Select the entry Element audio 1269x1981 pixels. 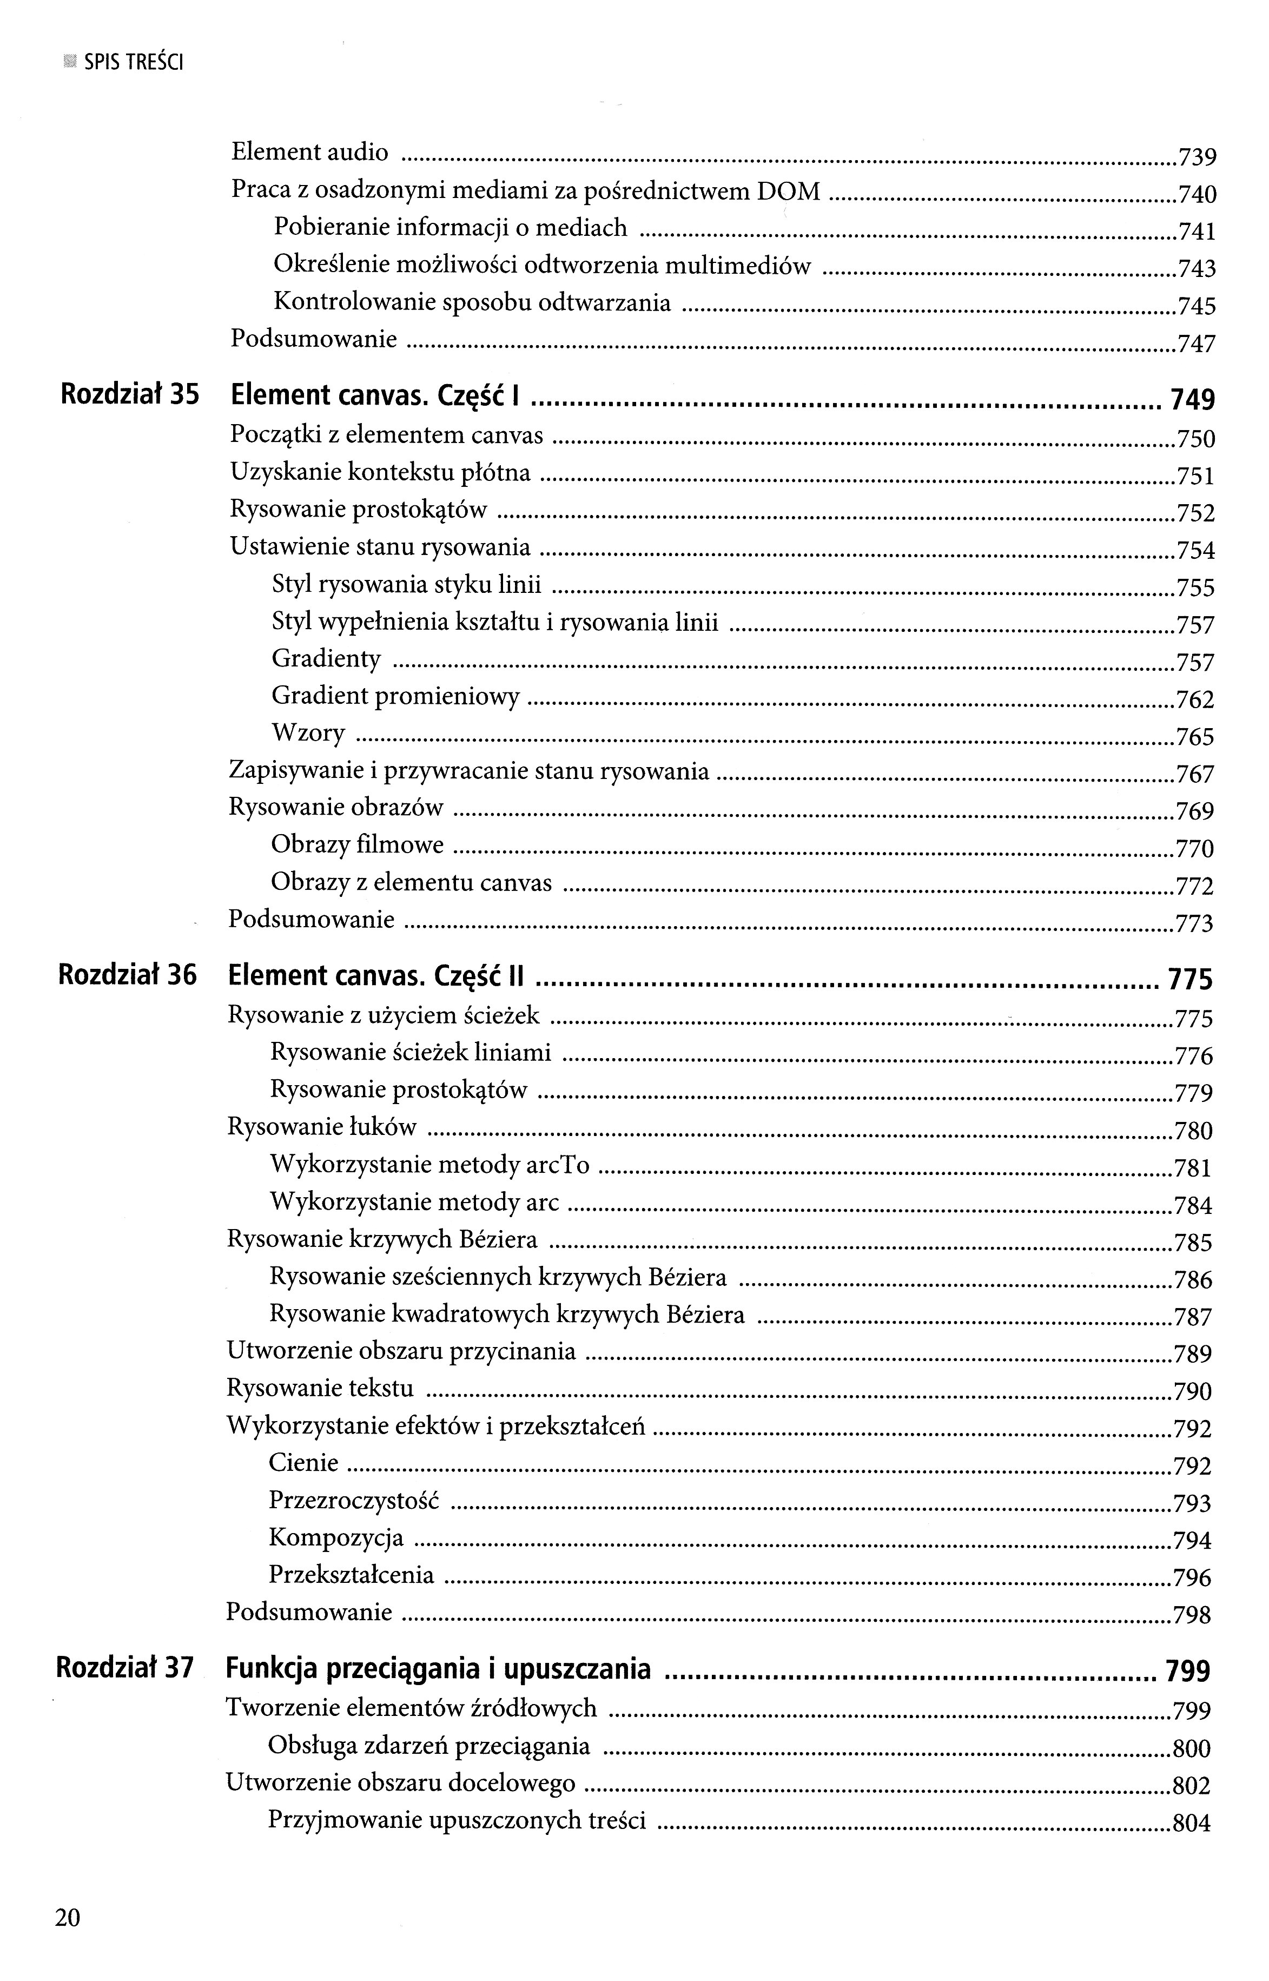point(310,153)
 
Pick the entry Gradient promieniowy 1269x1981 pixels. point(395,697)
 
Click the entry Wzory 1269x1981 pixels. point(308,734)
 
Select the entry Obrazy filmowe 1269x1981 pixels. point(357,846)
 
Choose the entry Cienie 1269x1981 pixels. point(303,1463)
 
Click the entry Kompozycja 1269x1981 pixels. point(336,1537)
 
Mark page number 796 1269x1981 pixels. point(1192,1578)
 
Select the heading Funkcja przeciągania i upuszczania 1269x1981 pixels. point(438,1669)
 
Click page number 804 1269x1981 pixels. point(1192,1825)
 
